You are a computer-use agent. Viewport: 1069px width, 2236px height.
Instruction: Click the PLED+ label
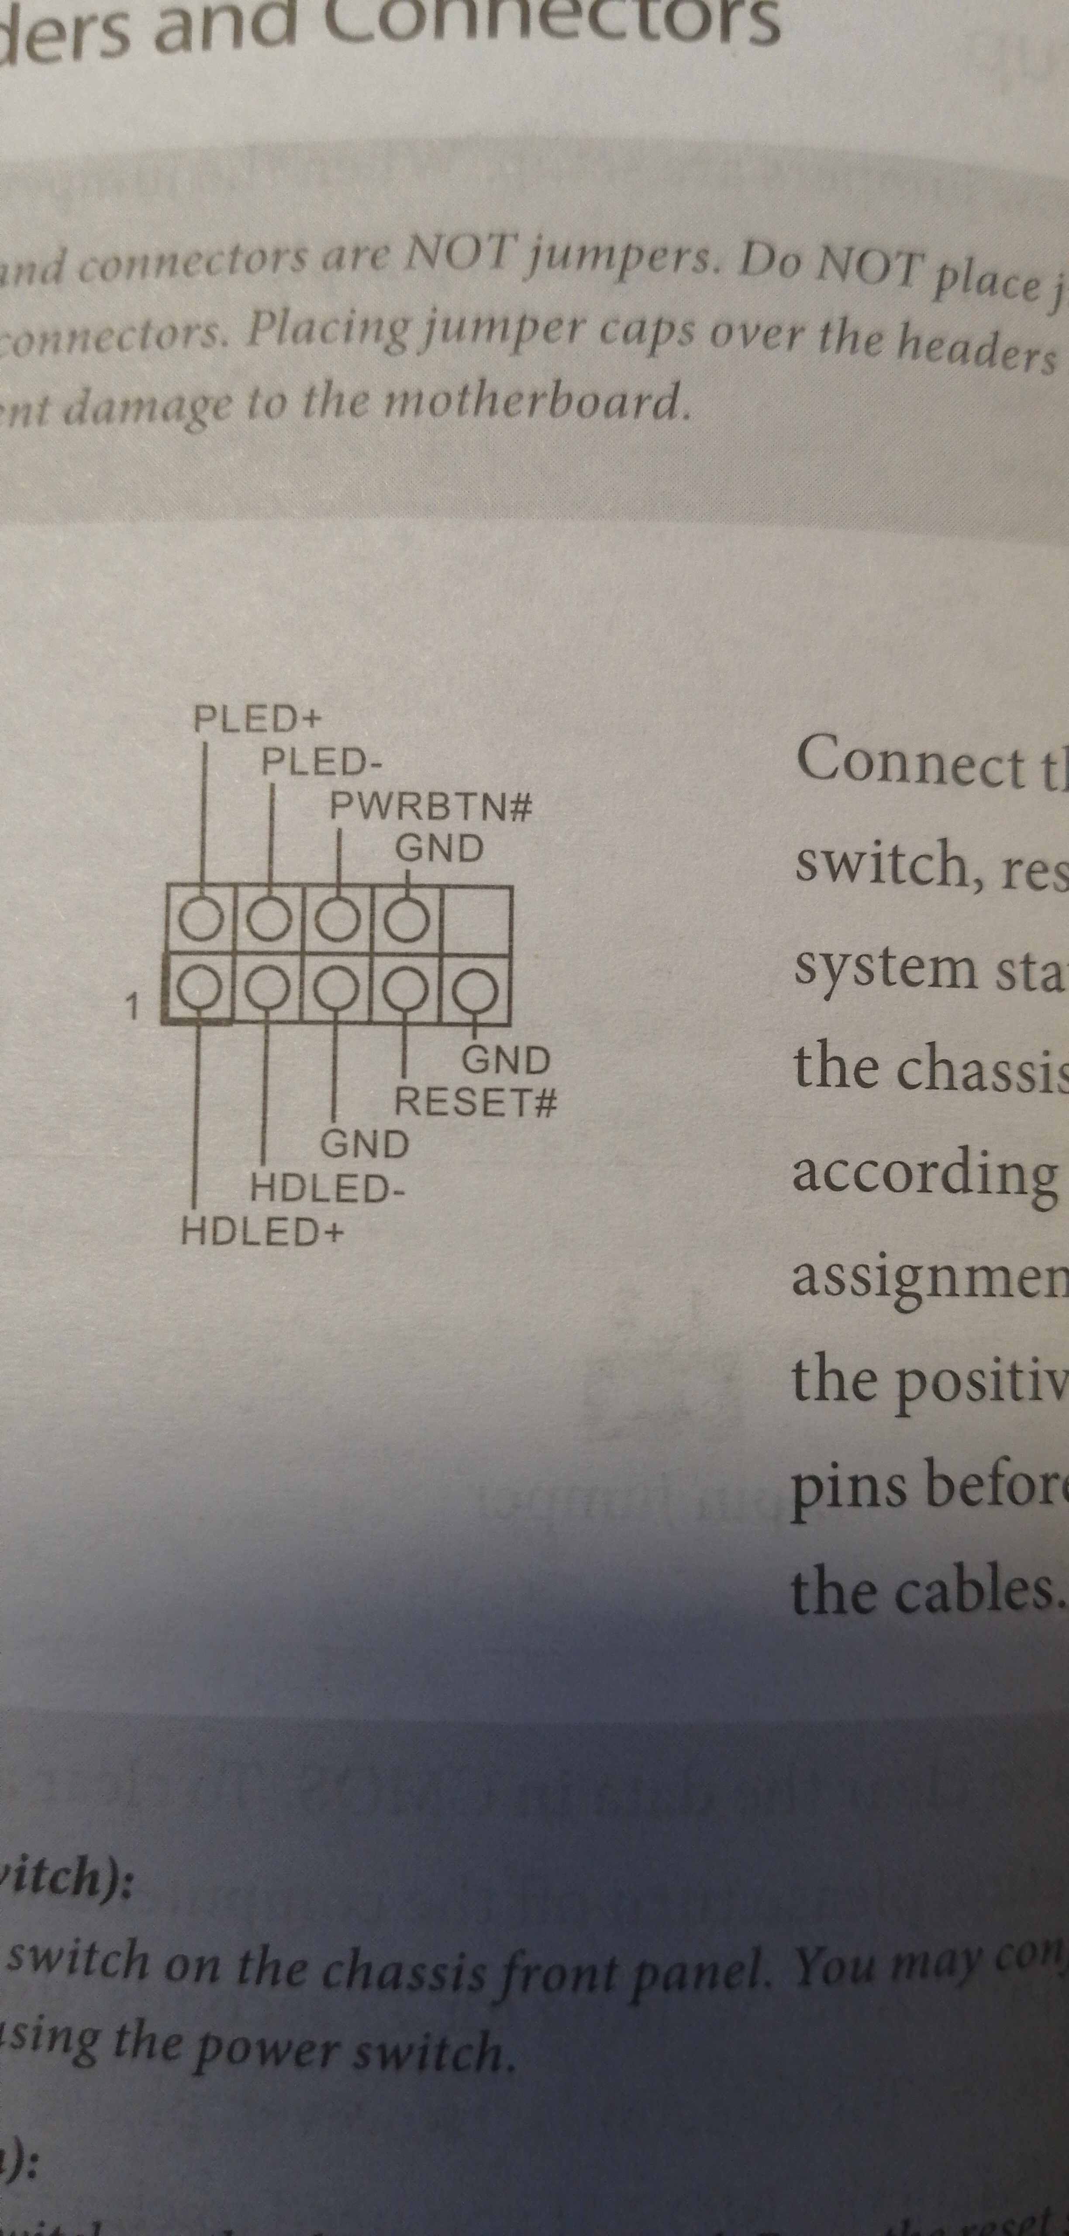[x=257, y=720]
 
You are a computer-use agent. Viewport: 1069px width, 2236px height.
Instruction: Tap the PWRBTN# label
[x=431, y=807]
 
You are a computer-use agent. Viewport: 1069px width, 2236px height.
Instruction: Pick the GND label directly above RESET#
[x=506, y=1061]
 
